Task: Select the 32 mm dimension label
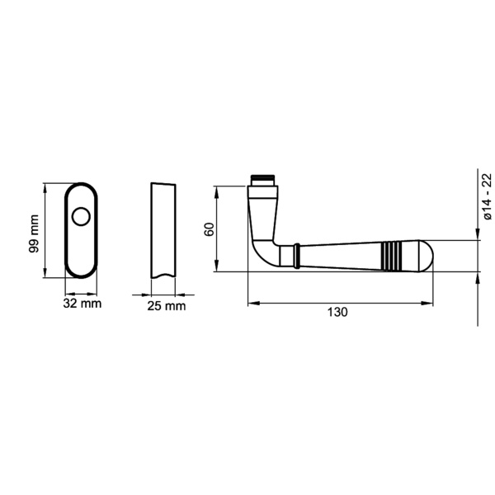pyautogui.click(x=82, y=304)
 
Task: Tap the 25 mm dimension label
pyautogui.click(x=165, y=306)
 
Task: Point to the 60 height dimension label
pyautogui.click(x=210, y=229)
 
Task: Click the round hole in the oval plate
pyautogui.click(x=81, y=217)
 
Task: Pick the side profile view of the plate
pyautogui.click(x=163, y=230)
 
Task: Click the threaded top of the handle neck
pyautogui.click(x=263, y=177)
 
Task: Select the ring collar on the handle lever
pyautogui.click(x=295, y=255)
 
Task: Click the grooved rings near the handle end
pyautogui.click(x=394, y=255)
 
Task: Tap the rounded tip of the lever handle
pyautogui.click(x=422, y=255)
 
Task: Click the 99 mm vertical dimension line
pyautogui.click(x=45, y=230)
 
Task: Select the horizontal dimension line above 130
pyautogui.click(x=338, y=303)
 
